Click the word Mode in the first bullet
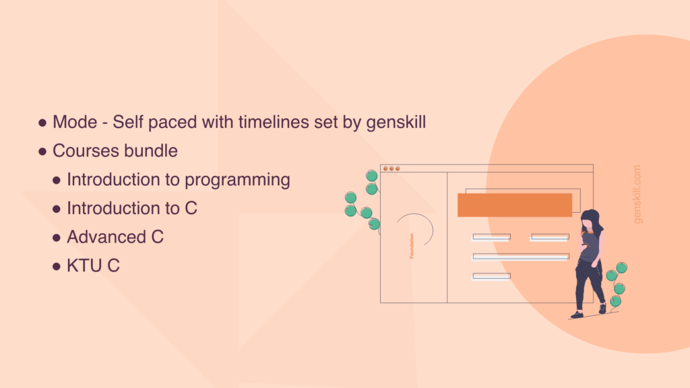(75, 123)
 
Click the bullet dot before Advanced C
(57, 238)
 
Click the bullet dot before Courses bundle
(42, 152)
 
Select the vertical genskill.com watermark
(637, 194)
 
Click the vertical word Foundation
(412, 246)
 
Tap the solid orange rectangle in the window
(515, 205)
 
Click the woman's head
(590, 220)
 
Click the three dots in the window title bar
(391, 168)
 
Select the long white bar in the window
(521, 257)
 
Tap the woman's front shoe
(577, 315)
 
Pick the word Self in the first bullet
(128, 123)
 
